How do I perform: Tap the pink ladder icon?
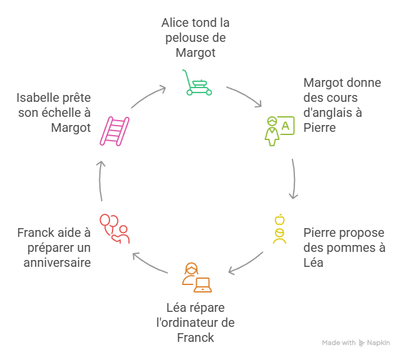click(114, 130)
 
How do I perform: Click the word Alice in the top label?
click(174, 23)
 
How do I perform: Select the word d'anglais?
click(332, 113)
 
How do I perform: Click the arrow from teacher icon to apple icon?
click(294, 177)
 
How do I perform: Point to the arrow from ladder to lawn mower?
click(147, 95)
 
